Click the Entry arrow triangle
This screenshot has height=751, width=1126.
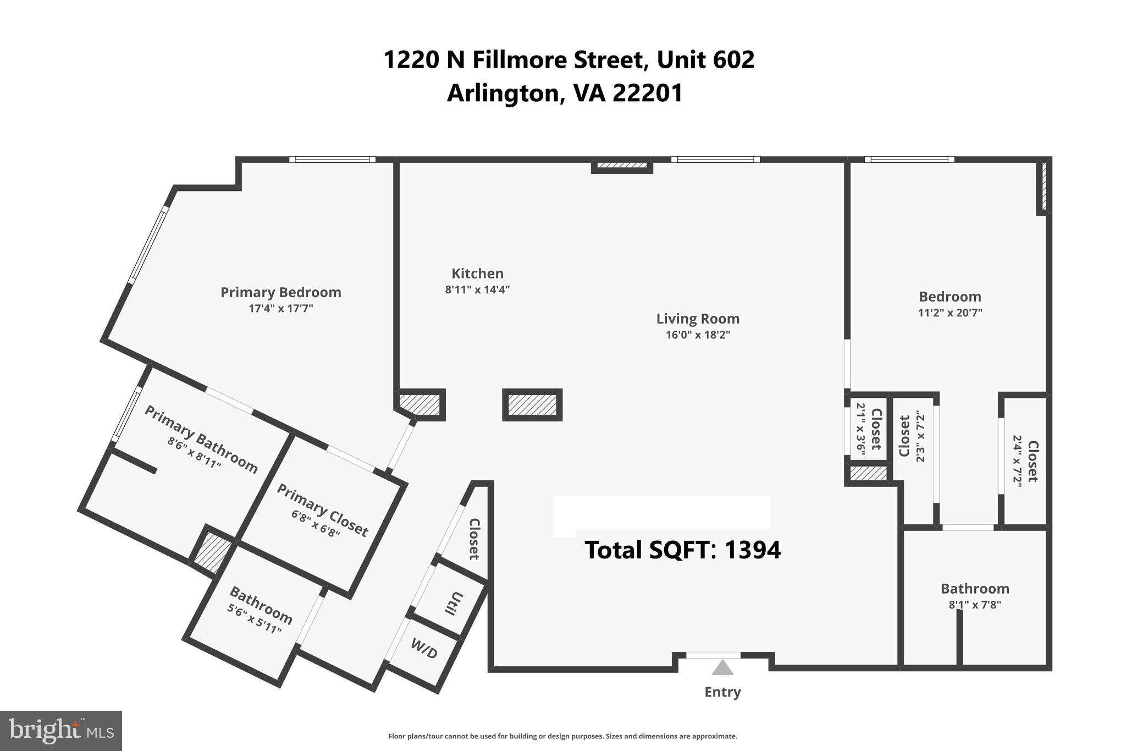pyautogui.click(x=722, y=668)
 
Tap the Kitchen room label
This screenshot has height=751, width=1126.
pyautogui.click(x=477, y=273)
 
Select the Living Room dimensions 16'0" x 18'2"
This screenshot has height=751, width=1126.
pyautogui.click(x=698, y=335)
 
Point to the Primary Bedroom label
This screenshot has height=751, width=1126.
pyautogui.click(x=280, y=292)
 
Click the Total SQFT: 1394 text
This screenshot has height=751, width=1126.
pyautogui.click(x=682, y=550)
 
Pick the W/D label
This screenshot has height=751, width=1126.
pyautogui.click(x=424, y=649)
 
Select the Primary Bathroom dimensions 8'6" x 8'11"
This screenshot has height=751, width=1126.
pyautogui.click(x=194, y=453)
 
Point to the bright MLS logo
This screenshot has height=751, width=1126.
pyautogui.click(x=61, y=731)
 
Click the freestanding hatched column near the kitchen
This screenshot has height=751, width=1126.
pyautogui.click(x=532, y=405)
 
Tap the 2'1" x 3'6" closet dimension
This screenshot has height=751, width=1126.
pyautogui.click(x=861, y=429)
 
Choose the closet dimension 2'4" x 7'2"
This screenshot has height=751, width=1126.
pyautogui.click(x=1017, y=461)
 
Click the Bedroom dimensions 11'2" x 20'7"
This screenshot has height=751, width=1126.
pyautogui.click(x=950, y=313)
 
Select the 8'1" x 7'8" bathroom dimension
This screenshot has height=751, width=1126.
pyautogui.click(x=975, y=605)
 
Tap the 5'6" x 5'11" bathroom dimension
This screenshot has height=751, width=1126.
pyautogui.click(x=254, y=619)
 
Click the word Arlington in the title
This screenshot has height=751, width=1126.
pyautogui.click(x=503, y=93)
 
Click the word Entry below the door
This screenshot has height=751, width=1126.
pyautogui.click(x=722, y=692)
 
